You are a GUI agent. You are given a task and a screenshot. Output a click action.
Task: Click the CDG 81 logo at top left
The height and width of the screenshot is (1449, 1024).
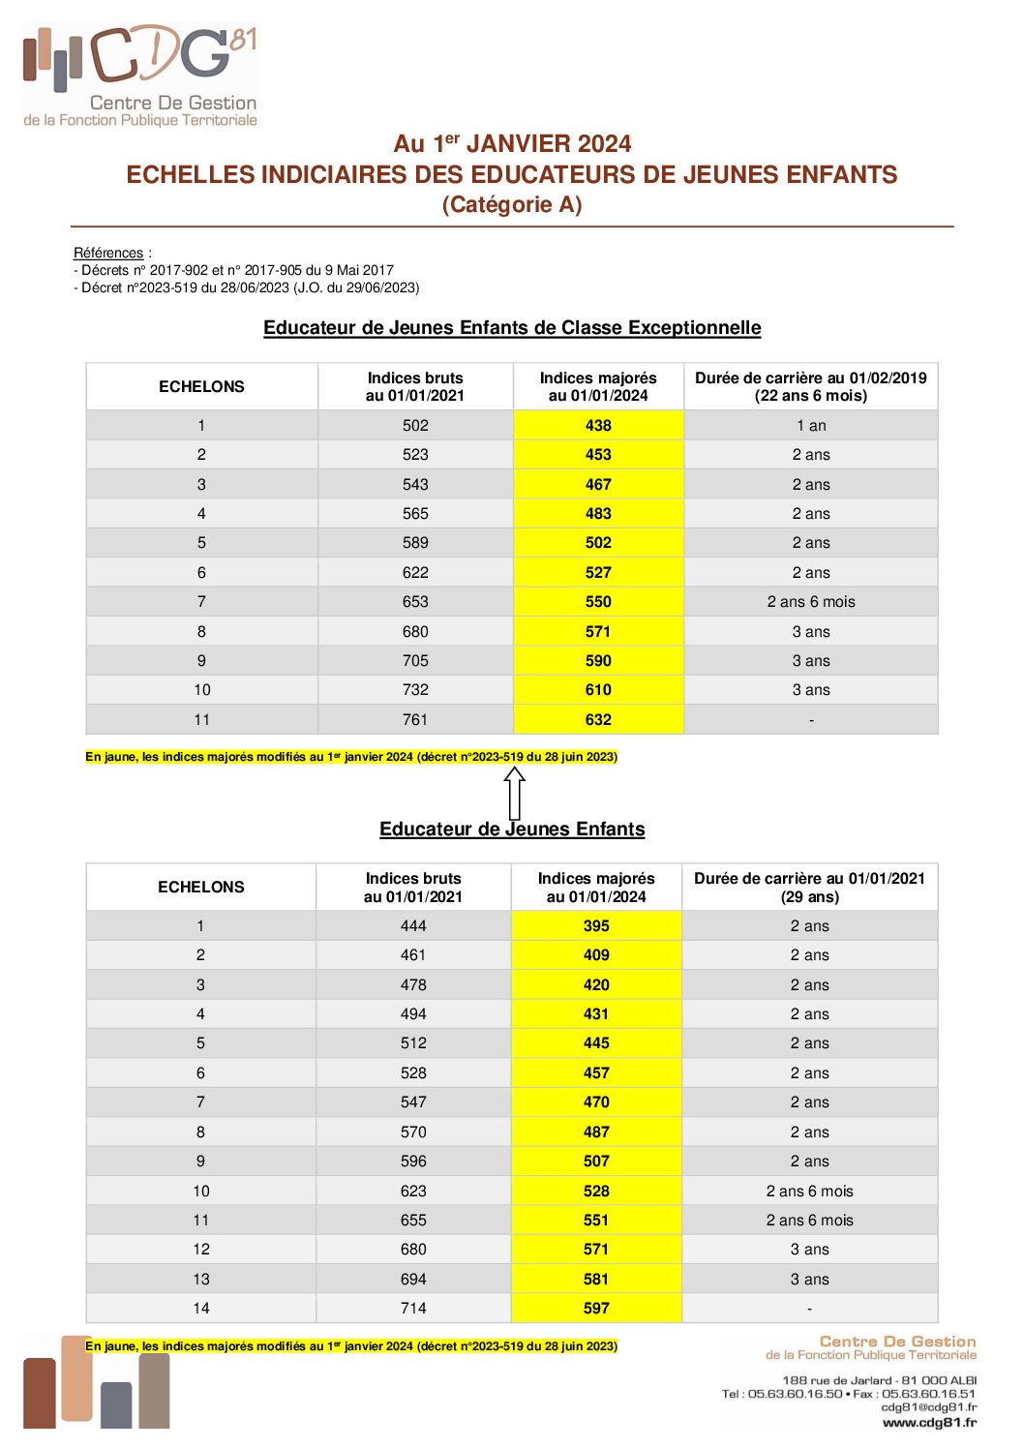coord(141,75)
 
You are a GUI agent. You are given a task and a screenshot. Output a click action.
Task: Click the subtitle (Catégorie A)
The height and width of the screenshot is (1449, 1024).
coord(512,205)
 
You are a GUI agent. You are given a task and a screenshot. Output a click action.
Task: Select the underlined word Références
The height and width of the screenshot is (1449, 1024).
coord(108,253)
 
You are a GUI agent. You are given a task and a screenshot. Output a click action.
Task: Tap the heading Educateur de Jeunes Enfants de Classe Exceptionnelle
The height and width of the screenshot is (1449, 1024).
coord(512,328)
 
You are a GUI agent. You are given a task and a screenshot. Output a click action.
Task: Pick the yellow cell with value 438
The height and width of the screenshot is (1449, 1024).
coord(598,426)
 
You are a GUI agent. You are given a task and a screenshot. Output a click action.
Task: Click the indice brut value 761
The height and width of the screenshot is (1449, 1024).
coord(415,720)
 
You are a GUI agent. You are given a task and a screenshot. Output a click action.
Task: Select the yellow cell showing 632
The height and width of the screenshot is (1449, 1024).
coord(598,720)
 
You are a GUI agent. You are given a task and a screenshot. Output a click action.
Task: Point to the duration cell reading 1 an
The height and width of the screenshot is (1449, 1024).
coord(811,426)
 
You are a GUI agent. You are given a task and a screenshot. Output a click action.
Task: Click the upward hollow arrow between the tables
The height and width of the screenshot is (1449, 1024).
coord(515,793)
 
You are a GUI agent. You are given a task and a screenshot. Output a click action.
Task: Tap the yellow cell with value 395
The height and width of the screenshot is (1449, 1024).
coord(596,926)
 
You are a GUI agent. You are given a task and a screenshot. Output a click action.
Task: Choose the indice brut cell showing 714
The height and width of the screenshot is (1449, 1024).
coord(413,1309)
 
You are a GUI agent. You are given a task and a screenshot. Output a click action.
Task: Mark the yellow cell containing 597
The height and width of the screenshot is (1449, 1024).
coord(596,1309)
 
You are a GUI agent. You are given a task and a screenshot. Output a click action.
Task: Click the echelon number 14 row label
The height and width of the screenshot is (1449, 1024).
coord(201,1309)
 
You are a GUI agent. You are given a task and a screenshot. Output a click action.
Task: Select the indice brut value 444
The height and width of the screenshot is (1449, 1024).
coord(413,926)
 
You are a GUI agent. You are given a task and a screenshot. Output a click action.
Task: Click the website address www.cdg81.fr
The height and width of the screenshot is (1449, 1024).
coord(929,1422)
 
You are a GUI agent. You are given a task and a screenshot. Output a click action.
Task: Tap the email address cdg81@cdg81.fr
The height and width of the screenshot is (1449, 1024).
coord(928,1407)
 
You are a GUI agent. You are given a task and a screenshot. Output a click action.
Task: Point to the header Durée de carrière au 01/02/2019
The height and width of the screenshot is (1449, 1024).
coord(811,378)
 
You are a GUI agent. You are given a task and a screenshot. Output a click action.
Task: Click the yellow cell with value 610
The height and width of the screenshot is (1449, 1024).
coord(598,690)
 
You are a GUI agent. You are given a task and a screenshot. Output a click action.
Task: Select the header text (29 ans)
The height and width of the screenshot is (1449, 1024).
coord(810,897)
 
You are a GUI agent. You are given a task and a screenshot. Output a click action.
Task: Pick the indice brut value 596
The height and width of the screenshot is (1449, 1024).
coord(413,1162)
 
